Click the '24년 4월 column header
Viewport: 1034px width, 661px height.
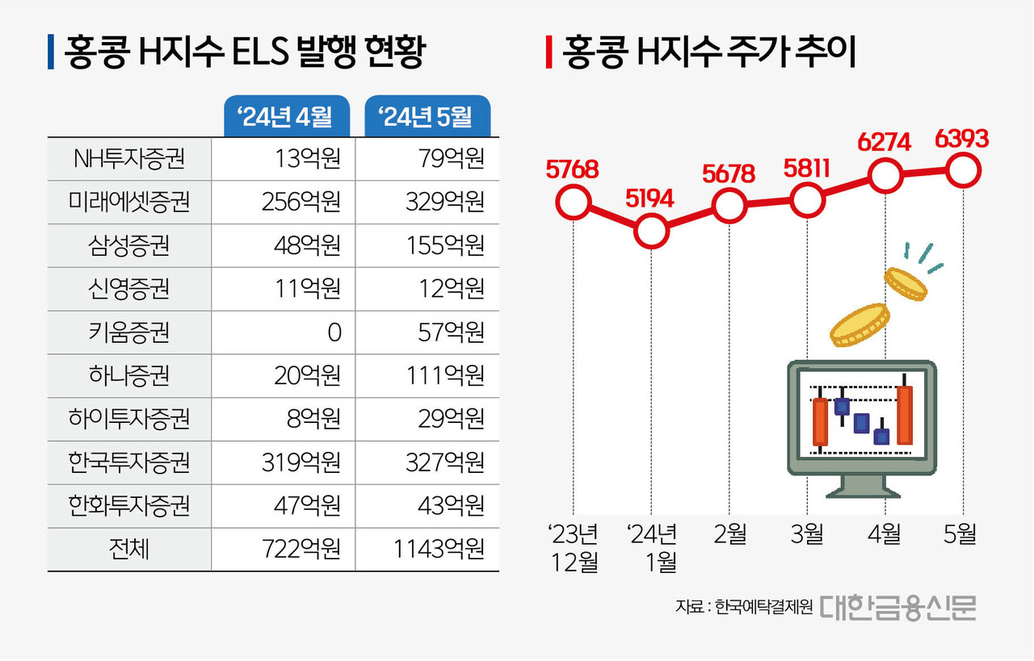pos(286,117)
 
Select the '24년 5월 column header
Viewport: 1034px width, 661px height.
pos(428,117)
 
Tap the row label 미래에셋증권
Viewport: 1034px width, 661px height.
pos(129,202)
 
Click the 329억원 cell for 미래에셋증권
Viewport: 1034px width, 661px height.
pos(445,202)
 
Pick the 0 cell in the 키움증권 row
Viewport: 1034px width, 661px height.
pos(334,333)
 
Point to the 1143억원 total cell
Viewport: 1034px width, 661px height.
pos(439,550)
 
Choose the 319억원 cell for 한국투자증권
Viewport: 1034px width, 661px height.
pos(301,462)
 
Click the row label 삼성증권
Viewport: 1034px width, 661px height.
pos(129,245)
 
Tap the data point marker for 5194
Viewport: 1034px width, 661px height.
pos(652,231)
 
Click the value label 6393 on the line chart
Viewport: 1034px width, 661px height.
pos(961,139)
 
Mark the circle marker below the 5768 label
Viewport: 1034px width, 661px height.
pos(573,203)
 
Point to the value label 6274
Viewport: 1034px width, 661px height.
pos(884,143)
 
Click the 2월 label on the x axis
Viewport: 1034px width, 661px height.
pos(729,534)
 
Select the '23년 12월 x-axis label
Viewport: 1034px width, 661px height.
pos(573,547)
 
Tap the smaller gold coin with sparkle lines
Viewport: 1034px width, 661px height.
pos(906,284)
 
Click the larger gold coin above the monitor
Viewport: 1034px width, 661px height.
pos(860,324)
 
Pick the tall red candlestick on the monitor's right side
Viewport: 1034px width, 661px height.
pos(905,413)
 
